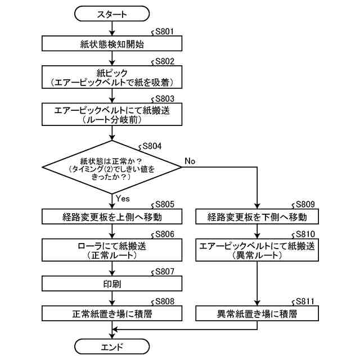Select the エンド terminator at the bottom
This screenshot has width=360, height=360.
click(112, 345)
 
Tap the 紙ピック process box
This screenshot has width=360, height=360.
click(112, 78)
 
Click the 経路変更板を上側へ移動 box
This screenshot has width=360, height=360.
click(112, 217)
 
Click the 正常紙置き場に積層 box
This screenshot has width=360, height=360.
click(112, 313)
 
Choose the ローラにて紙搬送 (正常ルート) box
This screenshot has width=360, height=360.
click(112, 250)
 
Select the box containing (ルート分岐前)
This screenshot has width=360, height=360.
click(112, 115)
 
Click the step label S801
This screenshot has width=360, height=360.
click(164, 33)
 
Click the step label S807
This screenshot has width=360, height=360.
click(164, 271)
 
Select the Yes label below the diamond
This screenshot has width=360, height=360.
click(123, 199)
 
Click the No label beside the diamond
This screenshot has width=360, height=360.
click(190, 161)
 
